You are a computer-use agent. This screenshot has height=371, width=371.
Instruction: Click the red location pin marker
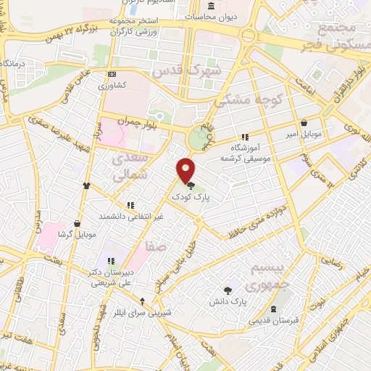[x=186, y=170]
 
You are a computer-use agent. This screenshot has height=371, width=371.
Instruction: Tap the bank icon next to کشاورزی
[x=111, y=74]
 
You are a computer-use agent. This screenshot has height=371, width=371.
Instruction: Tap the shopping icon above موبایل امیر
[x=303, y=123]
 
